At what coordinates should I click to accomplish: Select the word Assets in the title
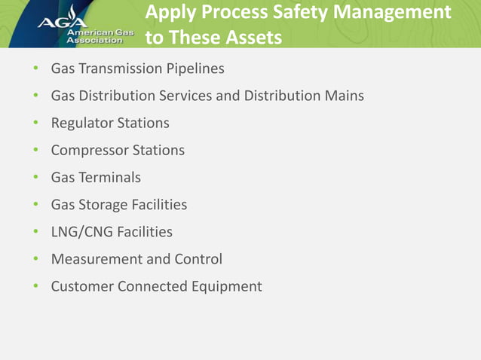coord(250,37)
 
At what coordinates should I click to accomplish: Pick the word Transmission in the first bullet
coord(117,69)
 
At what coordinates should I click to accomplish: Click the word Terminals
coord(109,178)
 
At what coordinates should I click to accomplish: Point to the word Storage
coord(103,205)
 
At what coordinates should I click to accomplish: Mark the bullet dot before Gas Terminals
coord(35,178)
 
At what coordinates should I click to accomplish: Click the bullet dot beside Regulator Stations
coord(35,123)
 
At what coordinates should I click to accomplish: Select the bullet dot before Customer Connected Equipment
coord(35,286)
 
